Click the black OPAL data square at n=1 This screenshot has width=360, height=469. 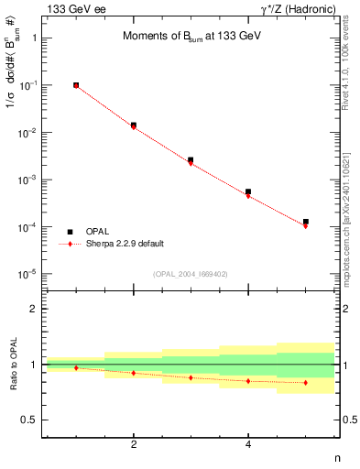76,85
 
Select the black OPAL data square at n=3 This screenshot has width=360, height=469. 191,160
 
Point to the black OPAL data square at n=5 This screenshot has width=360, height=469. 306,222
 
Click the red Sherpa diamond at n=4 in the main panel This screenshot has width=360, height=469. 248,196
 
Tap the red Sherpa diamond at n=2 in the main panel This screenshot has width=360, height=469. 134,126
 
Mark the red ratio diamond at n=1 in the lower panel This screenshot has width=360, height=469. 76,367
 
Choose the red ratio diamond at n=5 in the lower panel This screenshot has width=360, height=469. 306,382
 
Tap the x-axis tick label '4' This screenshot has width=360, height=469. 248,444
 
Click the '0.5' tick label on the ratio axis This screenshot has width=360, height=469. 28,420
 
